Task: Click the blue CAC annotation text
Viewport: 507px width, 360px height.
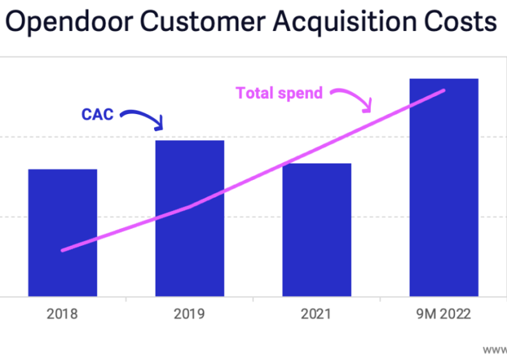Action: [x=97, y=115]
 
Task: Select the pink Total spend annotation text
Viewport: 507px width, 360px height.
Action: [x=279, y=93]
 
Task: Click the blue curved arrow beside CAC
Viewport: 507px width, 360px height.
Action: [x=145, y=118]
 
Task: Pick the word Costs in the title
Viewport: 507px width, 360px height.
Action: [x=459, y=22]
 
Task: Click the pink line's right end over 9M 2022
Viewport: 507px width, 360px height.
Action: [x=444, y=91]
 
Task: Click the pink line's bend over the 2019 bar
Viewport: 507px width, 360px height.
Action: [x=190, y=207]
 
